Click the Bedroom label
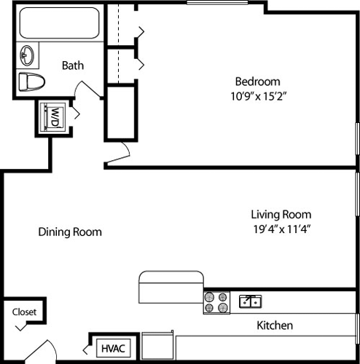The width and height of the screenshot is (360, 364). pyautogui.click(x=257, y=81)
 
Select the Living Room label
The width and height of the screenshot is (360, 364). pyautogui.click(x=281, y=214)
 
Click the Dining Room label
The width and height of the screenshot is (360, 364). pyautogui.click(x=70, y=232)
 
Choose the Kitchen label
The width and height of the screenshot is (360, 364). pyautogui.click(x=275, y=325)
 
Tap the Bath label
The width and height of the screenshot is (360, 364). pyautogui.click(x=72, y=65)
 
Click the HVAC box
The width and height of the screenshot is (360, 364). pyautogui.click(x=113, y=348)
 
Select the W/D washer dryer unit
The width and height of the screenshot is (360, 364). pyautogui.click(x=54, y=116)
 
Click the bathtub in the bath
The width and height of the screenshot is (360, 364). pyautogui.click(x=60, y=23)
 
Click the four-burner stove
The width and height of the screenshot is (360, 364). pyautogui.click(x=216, y=302)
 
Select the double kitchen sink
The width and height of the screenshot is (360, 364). pyautogui.click(x=250, y=301)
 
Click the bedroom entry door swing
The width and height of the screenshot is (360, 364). pyautogui.click(x=123, y=151)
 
